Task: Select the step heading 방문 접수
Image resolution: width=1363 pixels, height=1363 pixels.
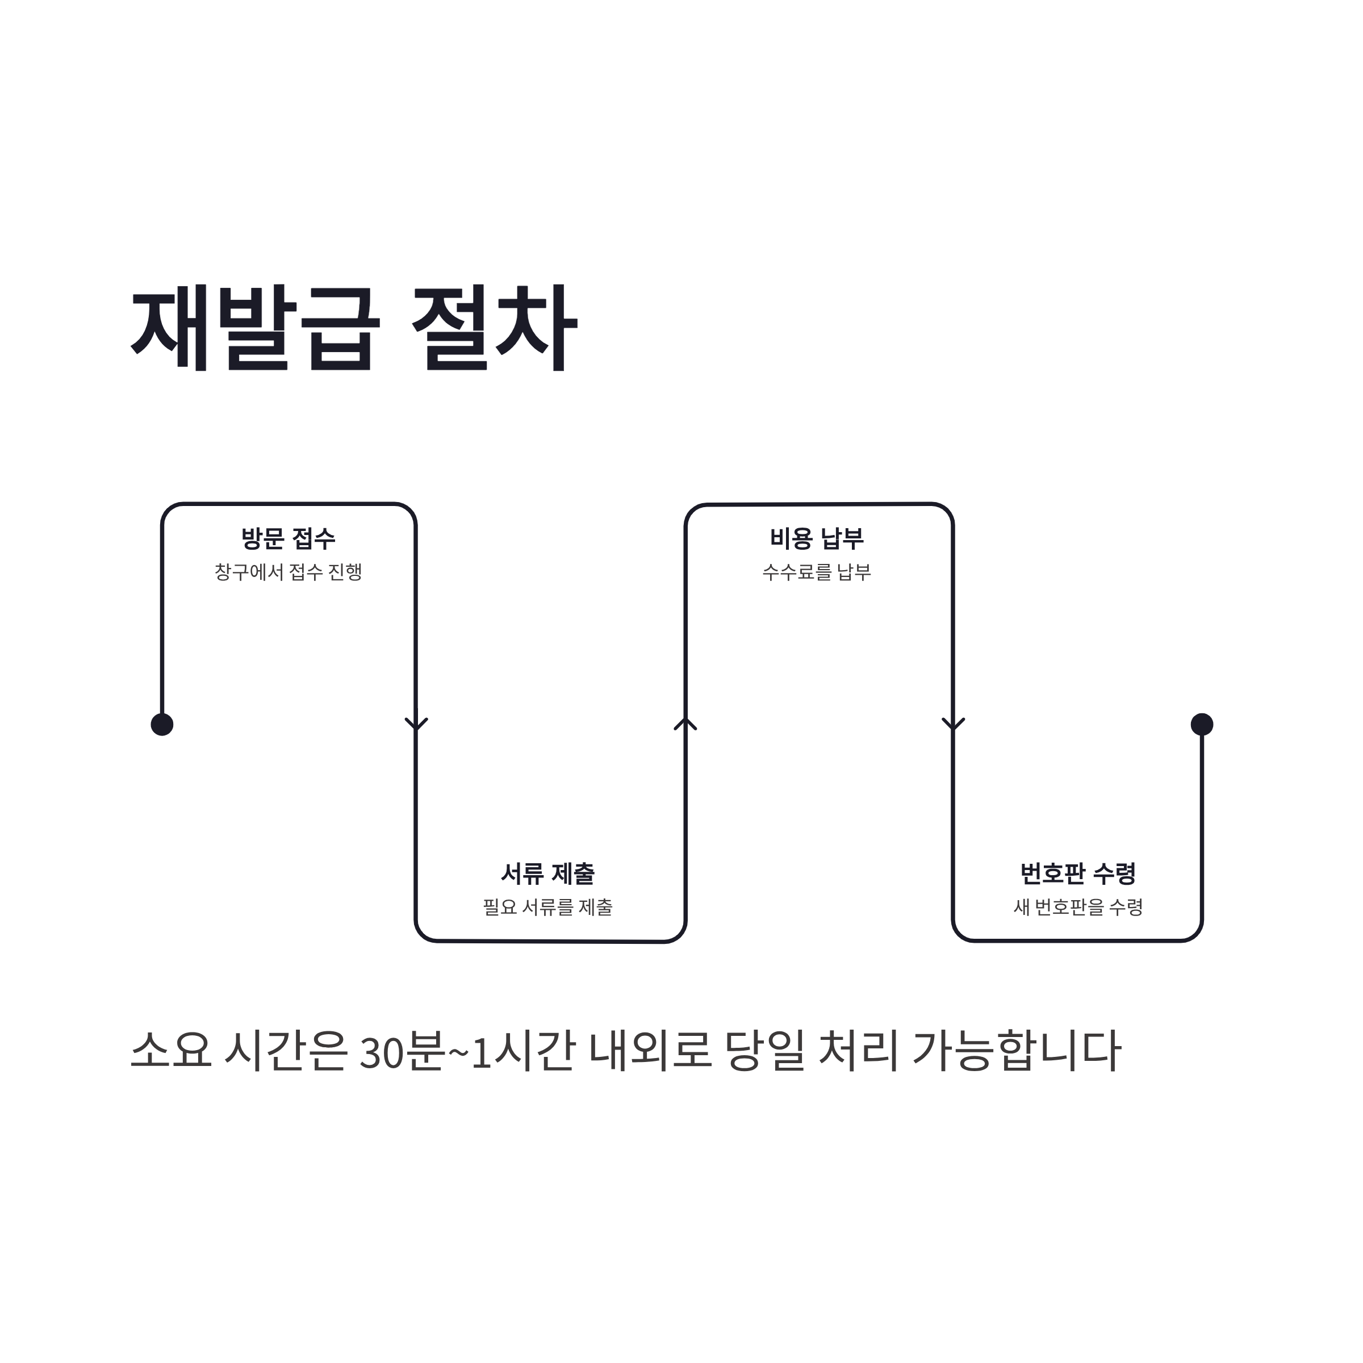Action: [288, 539]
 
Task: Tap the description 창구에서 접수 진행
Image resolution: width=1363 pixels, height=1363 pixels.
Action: [288, 571]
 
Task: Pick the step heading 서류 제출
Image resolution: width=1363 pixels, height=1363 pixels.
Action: [547, 874]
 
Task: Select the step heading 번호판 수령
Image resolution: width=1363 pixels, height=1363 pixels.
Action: [1077, 873]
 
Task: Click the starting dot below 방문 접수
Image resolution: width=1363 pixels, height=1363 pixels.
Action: [162, 725]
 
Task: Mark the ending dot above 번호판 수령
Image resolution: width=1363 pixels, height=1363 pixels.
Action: [1202, 724]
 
